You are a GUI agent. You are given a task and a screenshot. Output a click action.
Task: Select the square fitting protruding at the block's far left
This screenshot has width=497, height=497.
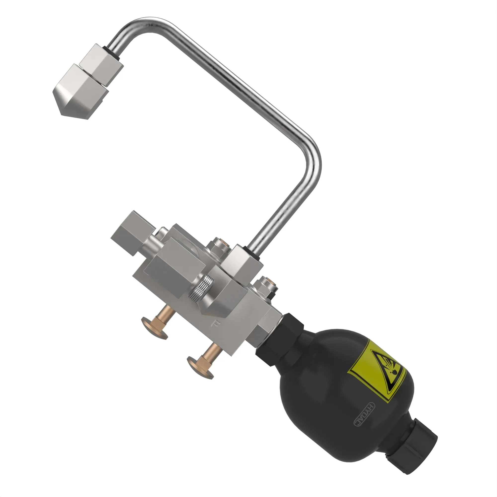[x=129, y=232]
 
